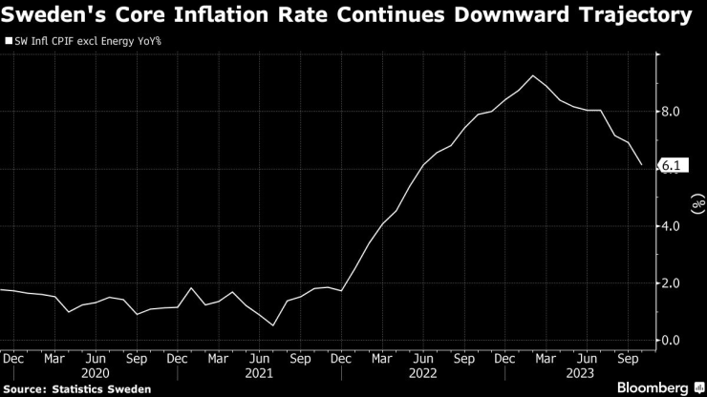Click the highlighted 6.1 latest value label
click(x=672, y=167)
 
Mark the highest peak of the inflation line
click(x=532, y=75)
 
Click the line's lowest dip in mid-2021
click(x=274, y=325)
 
